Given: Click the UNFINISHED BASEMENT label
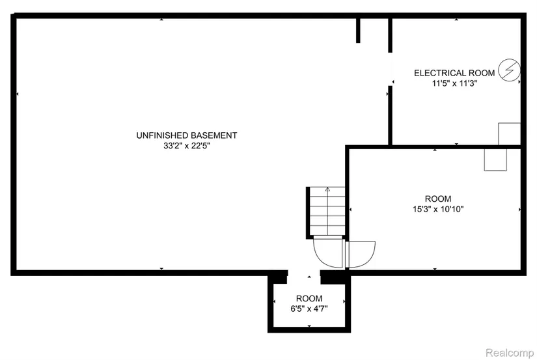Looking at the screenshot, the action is click(x=187, y=135).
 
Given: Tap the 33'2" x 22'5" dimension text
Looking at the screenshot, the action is click(x=187, y=146).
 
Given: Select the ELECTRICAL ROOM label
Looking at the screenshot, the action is click(x=454, y=73).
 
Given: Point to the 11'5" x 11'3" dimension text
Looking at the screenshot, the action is click(x=454, y=83).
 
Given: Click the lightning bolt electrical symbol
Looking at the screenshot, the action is click(x=509, y=70).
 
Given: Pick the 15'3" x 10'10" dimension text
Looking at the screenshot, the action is click(x=438, y=209).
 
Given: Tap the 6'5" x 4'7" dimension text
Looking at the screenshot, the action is click(x=309, y=309).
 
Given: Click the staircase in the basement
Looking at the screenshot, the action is click(x=325, y=212).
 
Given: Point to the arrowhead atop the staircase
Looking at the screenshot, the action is click(x=328, y=189).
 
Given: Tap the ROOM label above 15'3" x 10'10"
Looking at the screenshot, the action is click(x=438, y=199).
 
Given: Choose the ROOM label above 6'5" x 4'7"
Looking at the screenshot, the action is click(x=309, y=298).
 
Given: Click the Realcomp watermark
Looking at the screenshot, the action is click(x=510, y=352).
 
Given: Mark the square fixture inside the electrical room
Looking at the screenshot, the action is click(x=509, y=133).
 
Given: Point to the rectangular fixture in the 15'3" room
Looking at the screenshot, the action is click(x=495, y=159).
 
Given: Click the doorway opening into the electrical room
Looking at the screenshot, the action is click(x=390, y=69).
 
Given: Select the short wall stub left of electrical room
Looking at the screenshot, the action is click(x=358, y=30).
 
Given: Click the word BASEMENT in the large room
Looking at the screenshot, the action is click(x=213, y=135).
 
